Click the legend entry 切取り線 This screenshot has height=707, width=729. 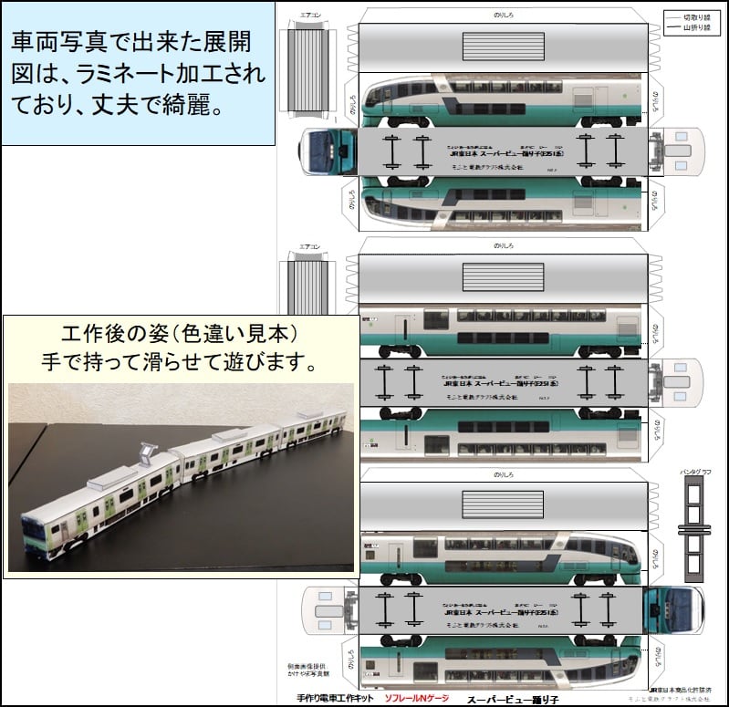point(693,16)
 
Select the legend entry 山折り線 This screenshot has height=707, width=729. point(693,29)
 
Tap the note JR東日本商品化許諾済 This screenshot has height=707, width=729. point(681,691)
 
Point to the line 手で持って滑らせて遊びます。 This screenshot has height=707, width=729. point(179,362)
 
